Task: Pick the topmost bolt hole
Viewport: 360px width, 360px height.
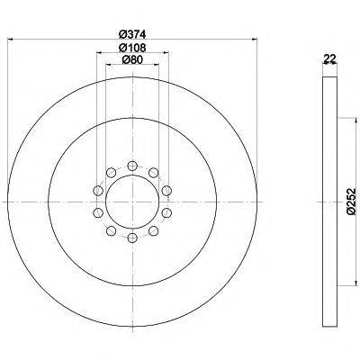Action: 132,166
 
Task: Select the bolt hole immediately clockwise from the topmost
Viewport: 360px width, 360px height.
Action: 154,172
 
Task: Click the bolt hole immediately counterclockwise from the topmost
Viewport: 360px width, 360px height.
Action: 111,172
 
